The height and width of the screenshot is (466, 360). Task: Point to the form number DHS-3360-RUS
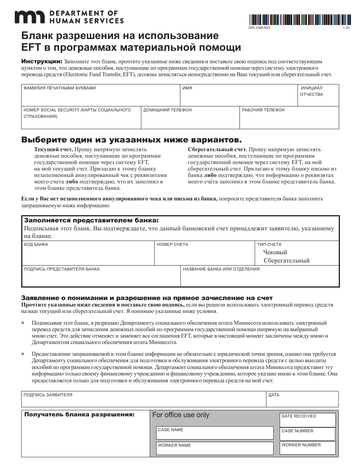point(260,28)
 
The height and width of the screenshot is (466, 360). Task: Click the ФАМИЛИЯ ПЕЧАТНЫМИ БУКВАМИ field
point(100,97)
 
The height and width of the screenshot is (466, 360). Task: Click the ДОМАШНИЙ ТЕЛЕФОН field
point(190,120)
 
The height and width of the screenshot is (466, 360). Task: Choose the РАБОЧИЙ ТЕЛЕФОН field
point(289,120)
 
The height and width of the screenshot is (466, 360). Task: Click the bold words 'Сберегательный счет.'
point(218,150)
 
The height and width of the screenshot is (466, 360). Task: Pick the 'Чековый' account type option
point(275,252)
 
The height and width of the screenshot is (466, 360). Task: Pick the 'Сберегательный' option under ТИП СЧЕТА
point(286,261)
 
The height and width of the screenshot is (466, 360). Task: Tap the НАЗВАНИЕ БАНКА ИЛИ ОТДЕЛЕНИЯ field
point(259,278)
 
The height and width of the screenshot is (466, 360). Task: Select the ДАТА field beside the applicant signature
point(302,401)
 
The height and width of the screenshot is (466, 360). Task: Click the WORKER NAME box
point(214,450)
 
